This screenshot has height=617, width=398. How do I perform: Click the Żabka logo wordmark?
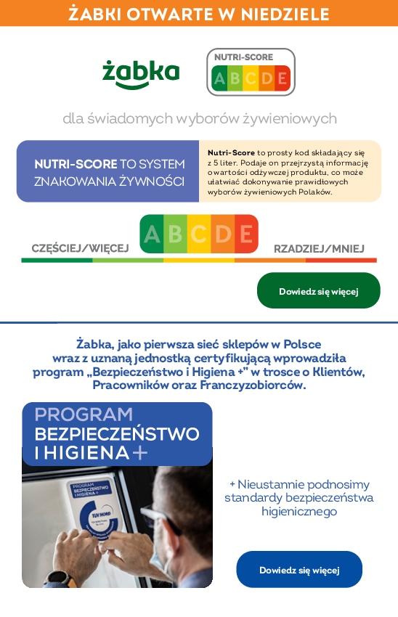pos(140,73)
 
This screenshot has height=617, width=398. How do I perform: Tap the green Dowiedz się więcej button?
pos(318,291)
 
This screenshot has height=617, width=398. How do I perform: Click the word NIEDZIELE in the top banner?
pos(288,14)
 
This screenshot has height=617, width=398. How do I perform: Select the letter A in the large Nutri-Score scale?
pos(153,234)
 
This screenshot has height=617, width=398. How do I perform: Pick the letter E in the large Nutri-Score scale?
pos(245,234)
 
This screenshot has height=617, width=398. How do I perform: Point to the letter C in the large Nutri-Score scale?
pos(199,234)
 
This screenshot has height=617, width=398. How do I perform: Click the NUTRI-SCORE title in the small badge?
pos(243,57)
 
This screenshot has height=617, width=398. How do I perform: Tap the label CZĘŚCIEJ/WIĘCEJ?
pos(80,248)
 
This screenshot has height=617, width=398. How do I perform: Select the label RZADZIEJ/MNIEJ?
pos(319,248)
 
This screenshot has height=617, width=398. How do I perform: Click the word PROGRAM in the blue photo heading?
pos(84,415)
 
